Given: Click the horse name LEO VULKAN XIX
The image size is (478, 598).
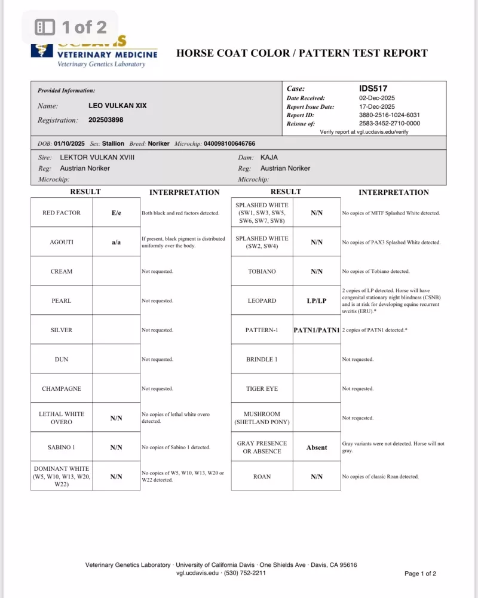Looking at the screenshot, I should [117, 106].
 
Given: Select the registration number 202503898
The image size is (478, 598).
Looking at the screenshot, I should [106, 119].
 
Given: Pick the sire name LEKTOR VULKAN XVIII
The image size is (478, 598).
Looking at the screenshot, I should [97, 157].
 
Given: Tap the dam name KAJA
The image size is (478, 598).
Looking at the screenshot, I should [269, 157].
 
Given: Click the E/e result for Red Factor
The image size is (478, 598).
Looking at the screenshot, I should [116, 213].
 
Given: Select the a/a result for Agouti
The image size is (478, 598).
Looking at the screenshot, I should [116, 243].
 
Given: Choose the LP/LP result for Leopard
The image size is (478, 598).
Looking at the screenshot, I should [317, 301].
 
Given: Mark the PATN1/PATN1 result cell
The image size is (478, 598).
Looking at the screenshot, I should [317, 330].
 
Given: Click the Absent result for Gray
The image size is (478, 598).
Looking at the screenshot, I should [317, 447].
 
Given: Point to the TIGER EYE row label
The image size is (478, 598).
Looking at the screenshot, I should [262, 389].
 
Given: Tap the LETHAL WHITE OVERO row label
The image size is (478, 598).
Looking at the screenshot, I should [62, 418].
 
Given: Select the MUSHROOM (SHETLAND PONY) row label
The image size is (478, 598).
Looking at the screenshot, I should [262, 418].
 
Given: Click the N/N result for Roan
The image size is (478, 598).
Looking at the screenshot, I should [317, 477].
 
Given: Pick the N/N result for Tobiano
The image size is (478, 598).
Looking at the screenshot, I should [317, 272].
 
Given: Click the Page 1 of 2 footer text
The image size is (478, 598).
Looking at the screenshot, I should [420, 574].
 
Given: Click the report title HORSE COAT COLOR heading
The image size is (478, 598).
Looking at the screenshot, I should [302, 53].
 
